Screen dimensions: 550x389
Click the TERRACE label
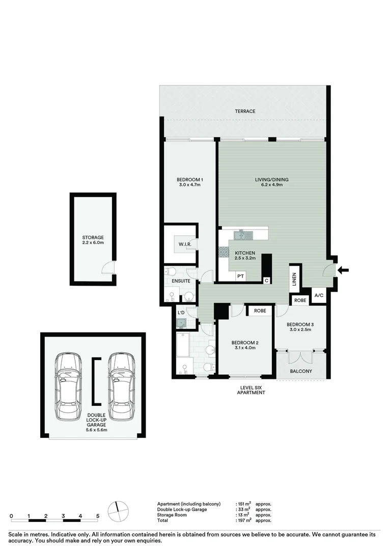[245, 111]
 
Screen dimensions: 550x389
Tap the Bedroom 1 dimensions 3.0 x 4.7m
[190, 185]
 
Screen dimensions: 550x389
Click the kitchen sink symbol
[243, 235]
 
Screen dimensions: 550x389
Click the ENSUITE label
[181, 281]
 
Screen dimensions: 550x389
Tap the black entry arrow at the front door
[344, 270]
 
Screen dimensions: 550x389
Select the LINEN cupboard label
[294, 279]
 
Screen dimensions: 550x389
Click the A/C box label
[319, 295]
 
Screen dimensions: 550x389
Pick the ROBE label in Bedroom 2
[260, 310]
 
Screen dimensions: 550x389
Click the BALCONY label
[301, 371]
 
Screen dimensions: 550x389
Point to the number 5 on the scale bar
[97, 516]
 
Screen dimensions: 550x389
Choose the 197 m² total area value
[245, 520]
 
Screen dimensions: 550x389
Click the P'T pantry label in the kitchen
[241, 277]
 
